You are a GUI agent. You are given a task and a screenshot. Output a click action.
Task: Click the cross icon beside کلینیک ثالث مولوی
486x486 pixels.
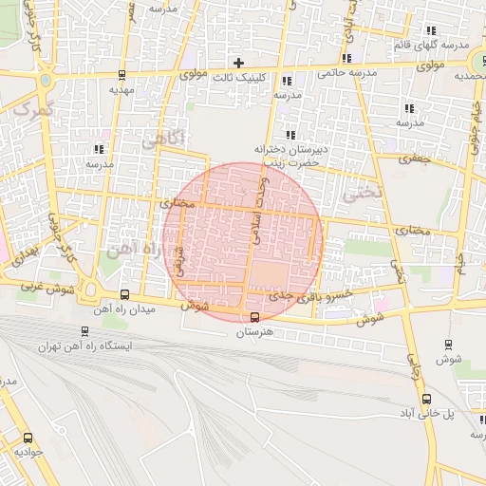pos(238,63)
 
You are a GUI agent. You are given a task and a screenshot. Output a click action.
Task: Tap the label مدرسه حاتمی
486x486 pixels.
pos(347,73)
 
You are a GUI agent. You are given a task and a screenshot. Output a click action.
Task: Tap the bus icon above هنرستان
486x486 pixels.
pos(254,317)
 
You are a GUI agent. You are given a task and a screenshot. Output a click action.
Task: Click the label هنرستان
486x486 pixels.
pos(253,331)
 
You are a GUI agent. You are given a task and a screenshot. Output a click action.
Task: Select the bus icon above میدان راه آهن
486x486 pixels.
pos(125,295)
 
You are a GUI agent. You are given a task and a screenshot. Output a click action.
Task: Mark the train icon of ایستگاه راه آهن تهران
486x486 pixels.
pos(86,332)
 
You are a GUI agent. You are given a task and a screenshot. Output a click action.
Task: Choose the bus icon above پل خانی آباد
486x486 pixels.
pos(426,399)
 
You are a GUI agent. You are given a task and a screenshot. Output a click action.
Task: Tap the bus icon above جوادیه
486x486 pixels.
pos(27,439)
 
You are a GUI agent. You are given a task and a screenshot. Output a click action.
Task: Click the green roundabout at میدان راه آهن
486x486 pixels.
pos(90,290)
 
